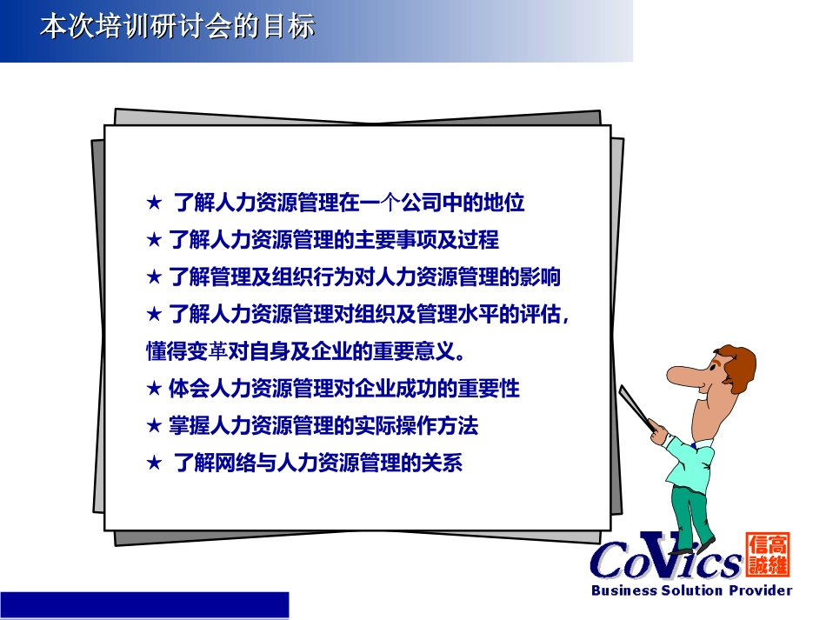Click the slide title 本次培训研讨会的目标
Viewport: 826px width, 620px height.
[177, 26]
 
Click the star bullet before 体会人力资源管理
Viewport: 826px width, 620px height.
[154, 389]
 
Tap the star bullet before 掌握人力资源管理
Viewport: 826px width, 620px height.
[154, 425]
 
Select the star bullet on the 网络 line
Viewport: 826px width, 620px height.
[154, 463]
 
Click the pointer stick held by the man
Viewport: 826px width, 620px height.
[637, 407]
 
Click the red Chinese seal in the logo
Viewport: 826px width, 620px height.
[768, 554]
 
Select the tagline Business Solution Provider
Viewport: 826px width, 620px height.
[692, 590]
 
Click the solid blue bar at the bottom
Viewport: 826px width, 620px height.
[144, 605]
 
